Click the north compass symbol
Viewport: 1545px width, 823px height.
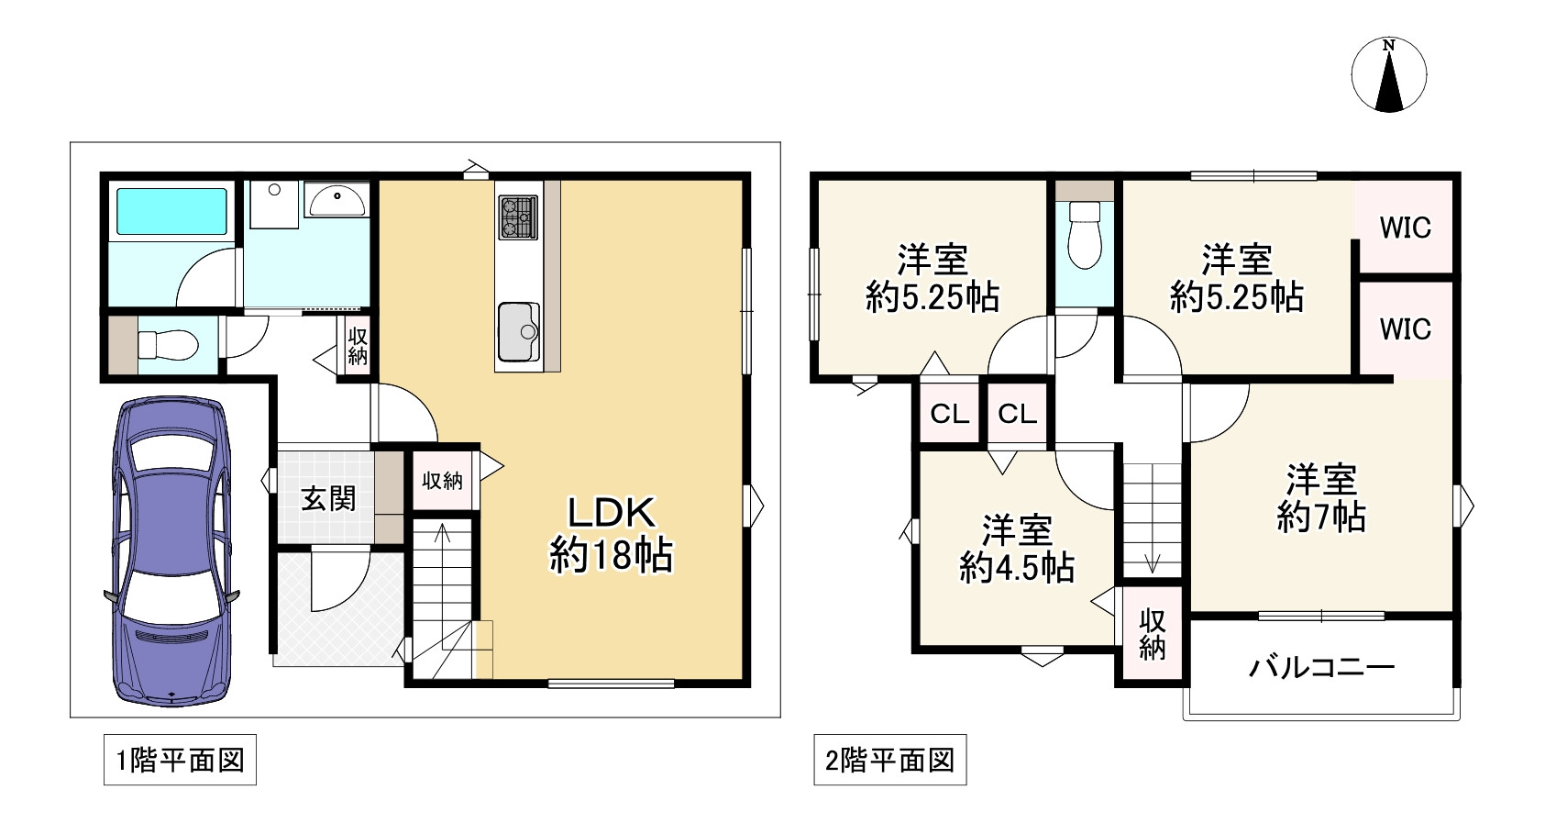click(1389, 76)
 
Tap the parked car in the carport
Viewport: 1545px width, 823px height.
click(172, 551)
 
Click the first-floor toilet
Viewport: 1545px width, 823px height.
click(167, 346)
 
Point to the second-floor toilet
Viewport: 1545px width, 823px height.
click(1085, 235)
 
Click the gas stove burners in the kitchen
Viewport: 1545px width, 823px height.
click(517, 218)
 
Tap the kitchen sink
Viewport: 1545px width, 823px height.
click(519, 329)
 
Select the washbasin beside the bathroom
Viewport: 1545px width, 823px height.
click(337, 198)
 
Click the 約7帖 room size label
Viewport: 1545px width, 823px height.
click(1321, 517)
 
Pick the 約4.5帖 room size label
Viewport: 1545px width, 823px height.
click(1017, 569)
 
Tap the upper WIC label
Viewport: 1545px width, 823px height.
click(1405, 227)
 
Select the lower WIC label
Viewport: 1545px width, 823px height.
click(1405, 328)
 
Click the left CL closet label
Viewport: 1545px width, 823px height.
click(949, 414)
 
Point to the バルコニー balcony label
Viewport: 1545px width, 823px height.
click(1321, 667)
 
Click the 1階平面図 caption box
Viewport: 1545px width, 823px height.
click(180, 761)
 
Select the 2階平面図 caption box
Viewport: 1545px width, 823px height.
click(889, 761)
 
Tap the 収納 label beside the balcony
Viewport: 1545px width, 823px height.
click(1152, 634)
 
